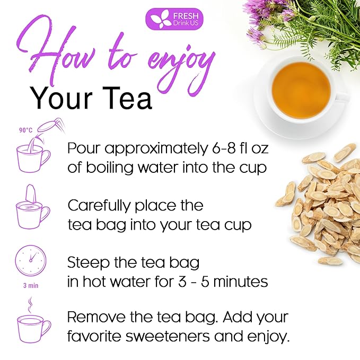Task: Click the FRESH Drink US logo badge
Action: [x=174, y=19]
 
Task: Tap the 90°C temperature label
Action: [x=25, y=129]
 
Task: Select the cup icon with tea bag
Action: [x=33, y=210]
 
